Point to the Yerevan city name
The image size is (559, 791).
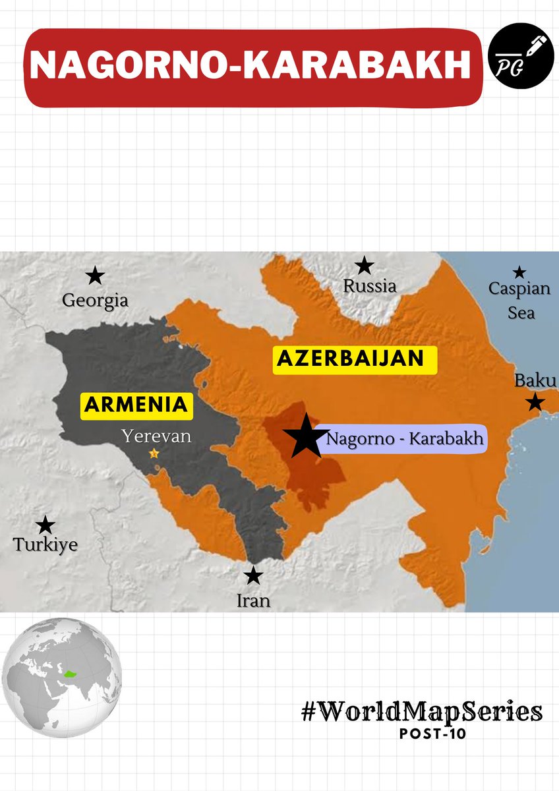tap(156, 436)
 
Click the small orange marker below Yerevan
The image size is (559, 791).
tap(154, 454)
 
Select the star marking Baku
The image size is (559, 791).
tap(535, 402)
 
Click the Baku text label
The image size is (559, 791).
tap(535, 381)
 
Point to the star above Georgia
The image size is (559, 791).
tap(96, 276)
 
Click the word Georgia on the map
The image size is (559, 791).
tap(95, 301)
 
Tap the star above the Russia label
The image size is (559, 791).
tap(364, 266)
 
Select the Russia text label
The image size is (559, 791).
tap(370, 286)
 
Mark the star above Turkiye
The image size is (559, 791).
tap(45, 525)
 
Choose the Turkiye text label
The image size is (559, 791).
tap(45, 545)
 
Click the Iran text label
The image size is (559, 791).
tap(253, 601)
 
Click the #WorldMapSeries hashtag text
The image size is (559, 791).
tap(422, 712)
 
